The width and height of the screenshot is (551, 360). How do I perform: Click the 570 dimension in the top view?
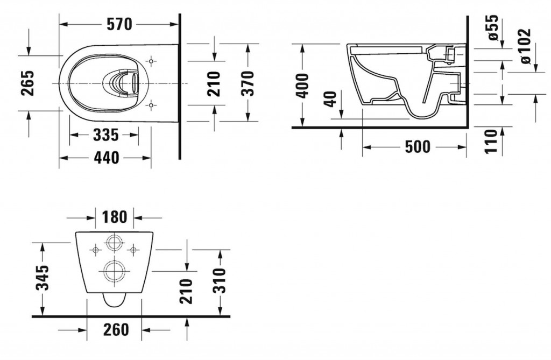pyautogui.click(x=119, y=24)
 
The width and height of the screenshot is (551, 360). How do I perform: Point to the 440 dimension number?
pyautogui.click(x=105, y=157)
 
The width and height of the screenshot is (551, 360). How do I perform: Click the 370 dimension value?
pyautogui.click(x=248, y=83)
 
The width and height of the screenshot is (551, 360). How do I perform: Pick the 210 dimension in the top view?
pyautogui.click(x=214, y=83)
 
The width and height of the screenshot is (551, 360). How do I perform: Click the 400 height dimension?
pyautogui.click(x=303, y=85)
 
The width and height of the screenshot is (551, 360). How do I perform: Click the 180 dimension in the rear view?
pyautogui.click(x=114, y=217)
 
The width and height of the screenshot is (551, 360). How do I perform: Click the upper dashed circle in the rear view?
pyautogui.click(x=114, y=243)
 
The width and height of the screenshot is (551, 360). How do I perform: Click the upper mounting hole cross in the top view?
pyautogui.click(x=152, y=62)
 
